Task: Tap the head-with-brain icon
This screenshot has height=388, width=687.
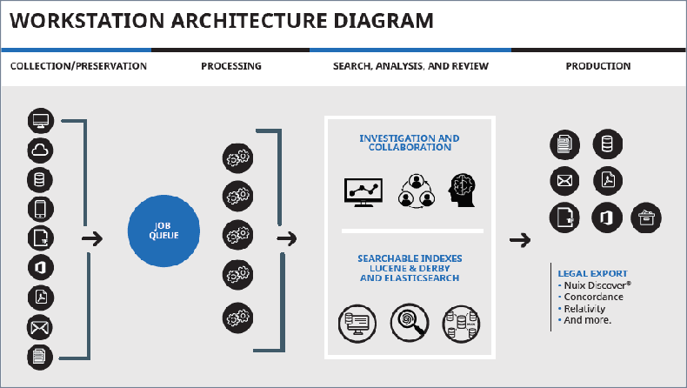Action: [462, 191]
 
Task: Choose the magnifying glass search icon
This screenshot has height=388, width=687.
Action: [408, 321]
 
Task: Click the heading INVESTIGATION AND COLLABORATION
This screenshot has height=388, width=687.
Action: [409, 143]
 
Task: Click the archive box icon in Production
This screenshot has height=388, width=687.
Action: [645, 217]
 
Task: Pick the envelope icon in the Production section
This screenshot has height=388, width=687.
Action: [563, 181]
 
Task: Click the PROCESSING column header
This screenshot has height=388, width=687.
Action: [230, 66]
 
